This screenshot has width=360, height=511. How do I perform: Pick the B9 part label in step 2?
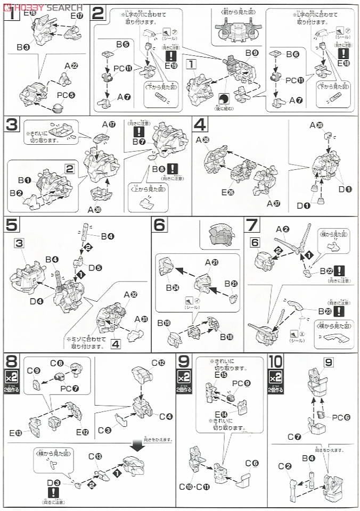[250, 53]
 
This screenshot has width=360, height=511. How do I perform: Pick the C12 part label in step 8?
[158, 362]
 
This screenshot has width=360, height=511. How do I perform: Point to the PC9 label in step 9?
[238, 383]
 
